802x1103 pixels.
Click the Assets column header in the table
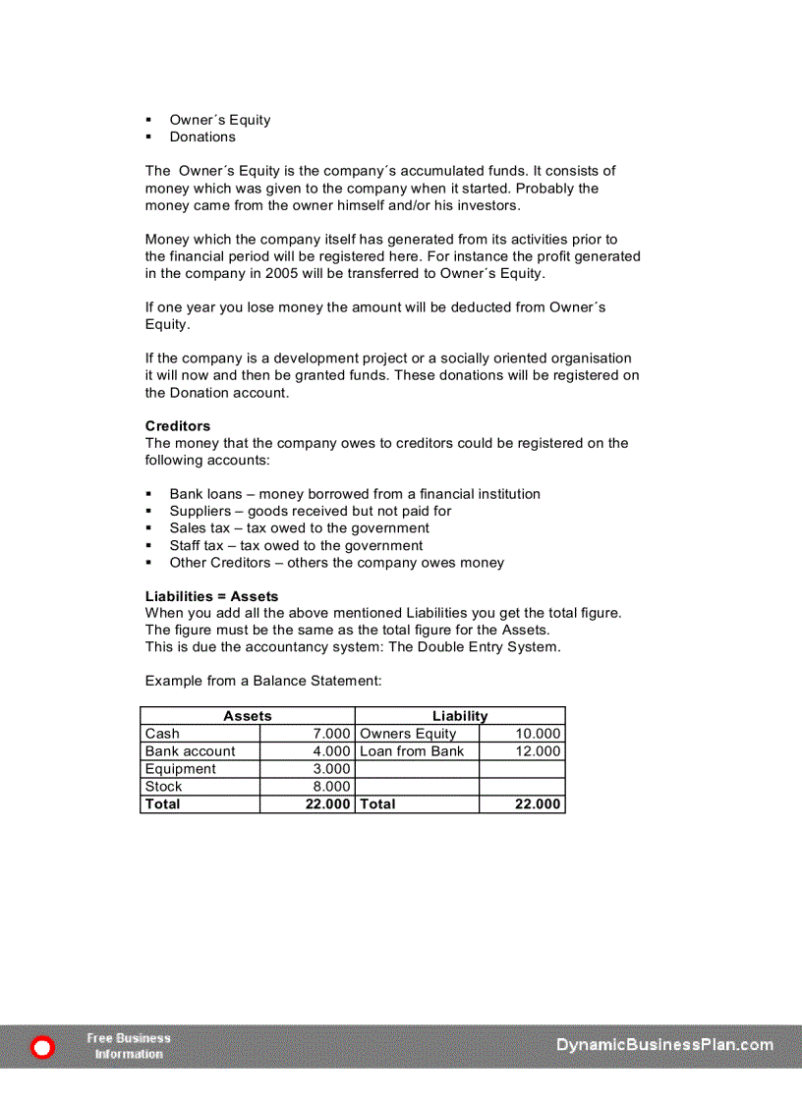[x=247, y=716]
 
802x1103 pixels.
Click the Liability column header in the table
[x=459, y=716]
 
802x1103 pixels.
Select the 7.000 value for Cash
[x=331, y=734]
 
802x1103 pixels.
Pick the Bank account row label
[x=190, y=751]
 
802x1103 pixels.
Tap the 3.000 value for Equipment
[x=331, y=769]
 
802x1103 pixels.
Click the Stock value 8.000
[x=331, y=787]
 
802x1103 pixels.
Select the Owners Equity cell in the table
[x=408, y=734]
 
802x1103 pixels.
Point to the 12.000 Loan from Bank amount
[x=538, y=751]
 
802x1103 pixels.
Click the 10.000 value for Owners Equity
[x=538, y=734]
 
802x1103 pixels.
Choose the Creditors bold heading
[x=177, y=426]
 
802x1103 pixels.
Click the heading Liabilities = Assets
[x=211, y=596]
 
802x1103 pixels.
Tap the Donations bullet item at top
[x=201, y=138]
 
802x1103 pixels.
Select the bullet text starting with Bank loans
[x=354, y=494]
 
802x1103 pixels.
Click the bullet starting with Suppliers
[x=310, y=511]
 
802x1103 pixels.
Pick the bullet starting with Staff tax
[x=295, y=545]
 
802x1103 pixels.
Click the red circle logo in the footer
[x=42, y=1048]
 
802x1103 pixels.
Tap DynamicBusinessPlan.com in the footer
[x=664, y=1045]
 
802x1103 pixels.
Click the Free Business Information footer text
[x=129, y=1046]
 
